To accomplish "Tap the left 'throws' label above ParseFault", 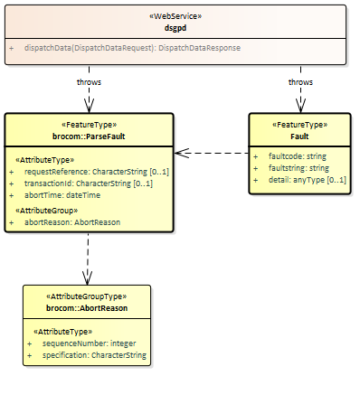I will coord(88,81).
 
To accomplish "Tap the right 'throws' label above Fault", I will coord(300,81).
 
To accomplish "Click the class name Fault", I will coord(300,135).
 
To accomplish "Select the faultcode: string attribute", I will coord(297,156).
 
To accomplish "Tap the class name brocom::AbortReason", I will coord(87,308).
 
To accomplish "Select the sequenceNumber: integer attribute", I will coord(87,344).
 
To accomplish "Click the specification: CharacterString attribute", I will coord(94,355).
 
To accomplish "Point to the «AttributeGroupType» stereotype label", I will coord(87,296).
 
